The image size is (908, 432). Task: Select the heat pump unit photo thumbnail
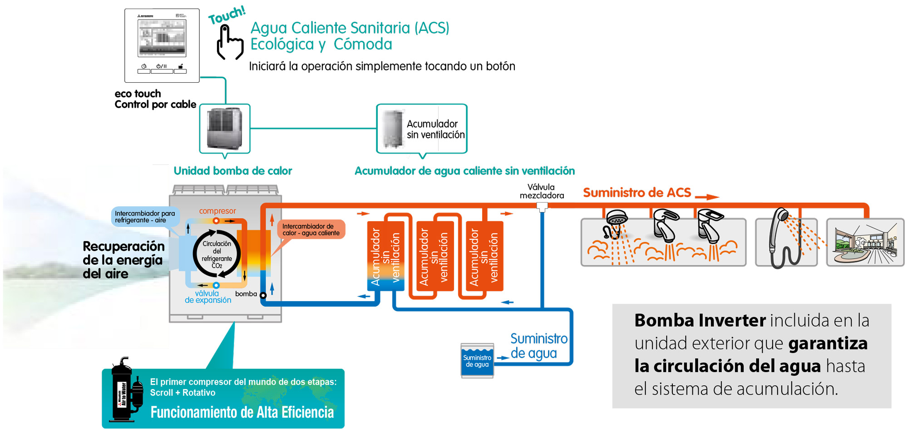224,129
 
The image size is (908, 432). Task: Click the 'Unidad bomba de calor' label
232,171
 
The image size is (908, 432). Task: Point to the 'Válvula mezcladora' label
541,191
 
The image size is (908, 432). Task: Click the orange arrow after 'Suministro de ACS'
706,197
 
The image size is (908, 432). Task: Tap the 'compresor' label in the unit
217,211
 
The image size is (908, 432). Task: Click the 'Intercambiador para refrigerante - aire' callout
144,217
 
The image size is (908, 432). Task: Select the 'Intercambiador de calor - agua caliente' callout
311,230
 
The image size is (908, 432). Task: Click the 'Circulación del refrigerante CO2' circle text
217,254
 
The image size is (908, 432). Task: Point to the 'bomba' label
246,294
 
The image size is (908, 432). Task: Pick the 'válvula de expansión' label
207,297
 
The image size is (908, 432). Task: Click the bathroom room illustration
865,243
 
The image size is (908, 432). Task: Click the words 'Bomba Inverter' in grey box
700,321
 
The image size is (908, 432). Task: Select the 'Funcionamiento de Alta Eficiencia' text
242,412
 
